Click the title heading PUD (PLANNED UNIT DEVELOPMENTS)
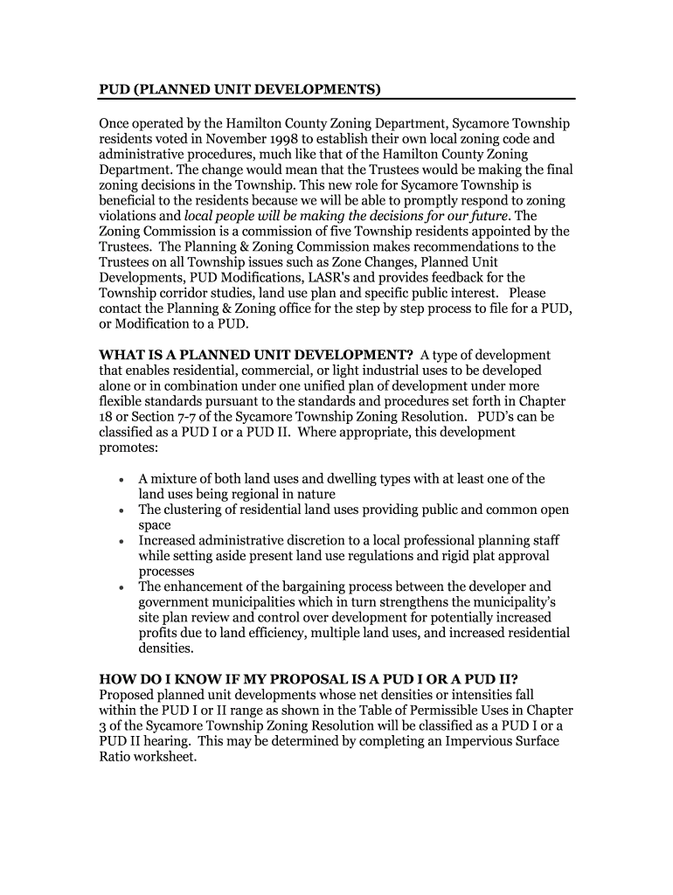(x=240, y=89)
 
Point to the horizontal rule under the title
(x=336, y=99)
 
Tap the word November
(x=235, y=139)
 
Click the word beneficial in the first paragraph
(x=132, y=200)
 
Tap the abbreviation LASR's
(x=325, y=278)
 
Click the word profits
(x=159, y=633)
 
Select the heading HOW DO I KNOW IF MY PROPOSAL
(x=309, y=679)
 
